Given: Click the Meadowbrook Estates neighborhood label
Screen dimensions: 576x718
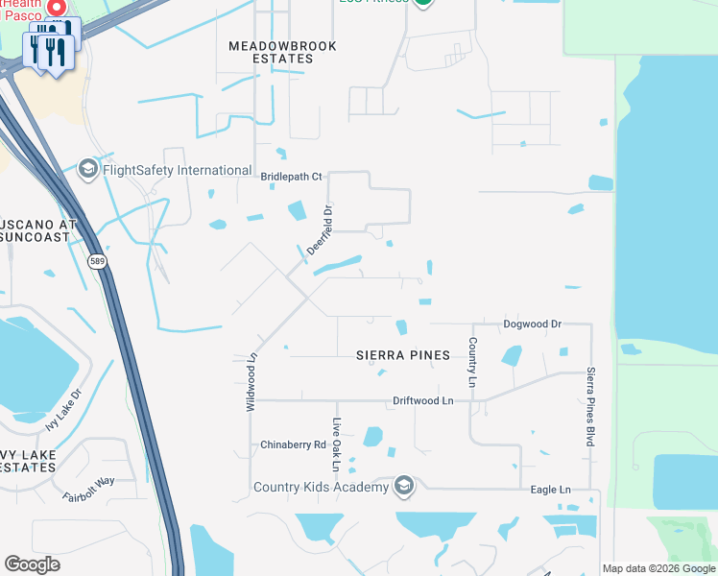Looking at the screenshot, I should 271,52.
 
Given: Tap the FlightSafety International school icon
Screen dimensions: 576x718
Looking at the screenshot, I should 88,171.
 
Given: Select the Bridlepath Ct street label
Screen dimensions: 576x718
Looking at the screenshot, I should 292,177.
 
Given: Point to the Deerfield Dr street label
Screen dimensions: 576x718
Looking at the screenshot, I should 320,230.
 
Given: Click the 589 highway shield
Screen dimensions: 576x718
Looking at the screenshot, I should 97,261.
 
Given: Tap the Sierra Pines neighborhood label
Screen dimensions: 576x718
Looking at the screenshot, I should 402,355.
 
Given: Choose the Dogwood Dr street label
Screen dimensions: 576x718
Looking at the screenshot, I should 532,324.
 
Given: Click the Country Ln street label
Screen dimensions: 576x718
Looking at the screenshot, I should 472,363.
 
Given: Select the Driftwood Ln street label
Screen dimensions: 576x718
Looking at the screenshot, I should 422,400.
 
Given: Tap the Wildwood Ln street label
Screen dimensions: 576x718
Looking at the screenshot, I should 251,381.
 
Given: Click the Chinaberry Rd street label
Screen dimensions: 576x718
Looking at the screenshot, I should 294,445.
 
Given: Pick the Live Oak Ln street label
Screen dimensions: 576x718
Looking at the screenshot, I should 336,444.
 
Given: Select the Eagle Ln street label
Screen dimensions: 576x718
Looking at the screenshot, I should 550,490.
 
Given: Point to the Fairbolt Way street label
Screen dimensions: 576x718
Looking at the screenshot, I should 88,490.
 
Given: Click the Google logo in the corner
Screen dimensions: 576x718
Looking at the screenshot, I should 32,564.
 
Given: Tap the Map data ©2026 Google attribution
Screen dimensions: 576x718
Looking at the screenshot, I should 658,568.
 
